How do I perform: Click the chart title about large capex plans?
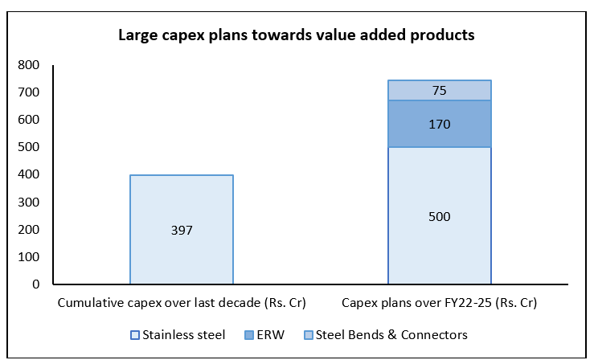tap(297, 35)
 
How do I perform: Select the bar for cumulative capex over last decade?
tap(182, 229)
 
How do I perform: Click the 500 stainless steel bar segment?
tap(440, 215)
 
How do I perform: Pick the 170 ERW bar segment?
tap(440, 124)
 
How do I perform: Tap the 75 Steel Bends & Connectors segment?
tap(440, 90)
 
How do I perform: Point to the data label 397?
tap(182, 230)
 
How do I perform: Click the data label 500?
tap(440, 216)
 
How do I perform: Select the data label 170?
tap(440, 125)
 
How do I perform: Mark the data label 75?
tap(440, 91)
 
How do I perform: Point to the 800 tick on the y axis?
tap(28, 65)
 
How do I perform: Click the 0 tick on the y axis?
tap(36, 284)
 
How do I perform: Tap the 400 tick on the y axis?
tap(28, 174)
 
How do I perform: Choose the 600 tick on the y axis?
tap(28, 120)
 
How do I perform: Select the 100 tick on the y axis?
tap(28, 257)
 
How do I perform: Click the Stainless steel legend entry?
tap(178, 335)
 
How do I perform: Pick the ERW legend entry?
tap(264, 335)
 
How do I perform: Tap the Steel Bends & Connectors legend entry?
tap(386, 335)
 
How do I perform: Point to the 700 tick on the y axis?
tap(28, 92)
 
